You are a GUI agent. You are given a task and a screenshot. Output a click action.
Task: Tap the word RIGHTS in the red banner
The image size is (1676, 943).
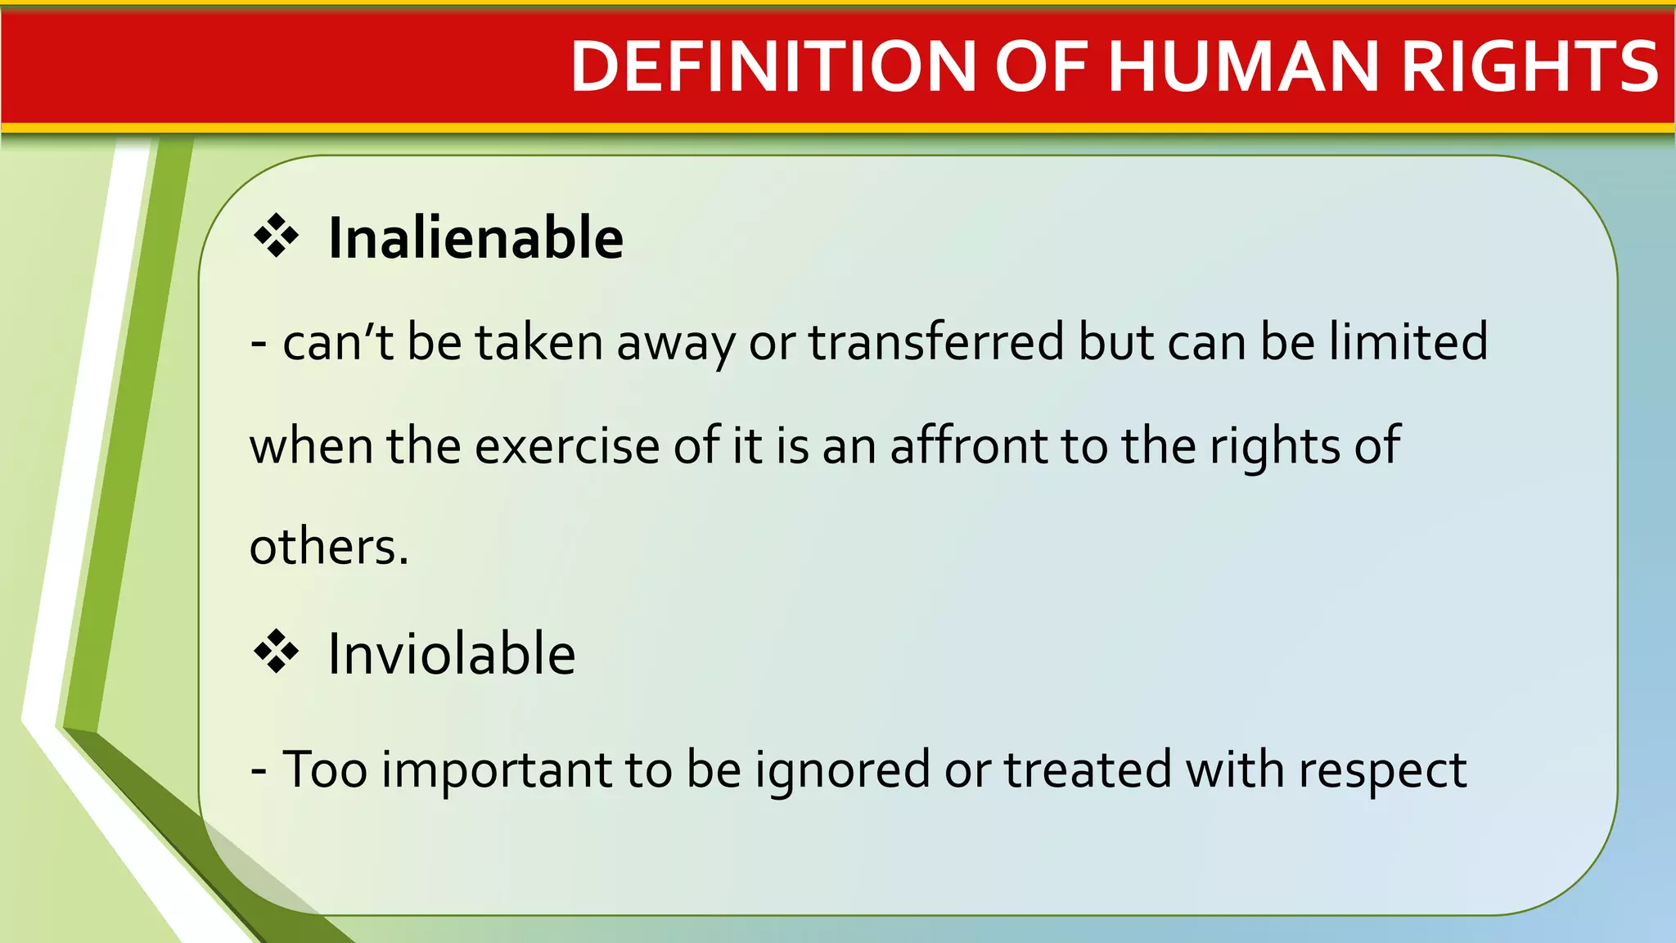(1530, 67)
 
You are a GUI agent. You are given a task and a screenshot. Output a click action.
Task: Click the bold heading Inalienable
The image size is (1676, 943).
(475, 238)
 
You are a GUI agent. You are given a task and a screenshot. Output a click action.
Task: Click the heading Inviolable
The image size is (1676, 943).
(452, 654)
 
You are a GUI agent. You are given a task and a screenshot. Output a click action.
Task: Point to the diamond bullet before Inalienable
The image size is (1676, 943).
(277, 237)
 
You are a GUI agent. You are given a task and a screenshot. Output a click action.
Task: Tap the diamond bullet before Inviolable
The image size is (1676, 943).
(277, 652)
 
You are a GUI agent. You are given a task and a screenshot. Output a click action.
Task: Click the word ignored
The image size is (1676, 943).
(842, 770)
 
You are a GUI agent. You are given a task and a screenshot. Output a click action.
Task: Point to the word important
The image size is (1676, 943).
(497, 770)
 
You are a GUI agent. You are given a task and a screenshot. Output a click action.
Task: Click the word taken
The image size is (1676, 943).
(539, 341)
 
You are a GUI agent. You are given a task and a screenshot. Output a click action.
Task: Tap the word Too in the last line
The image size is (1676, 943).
(324, 769)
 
